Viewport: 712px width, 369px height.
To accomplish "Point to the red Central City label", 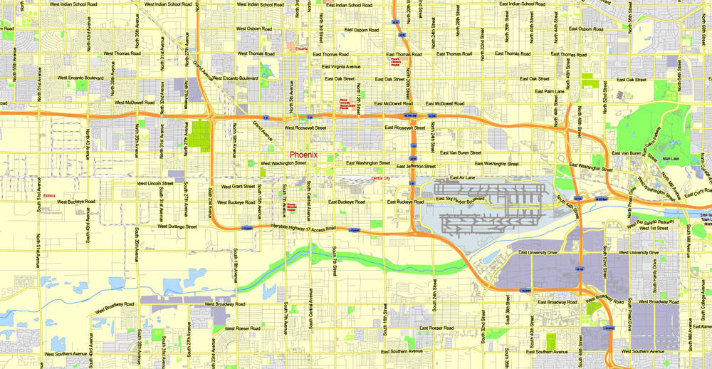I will click(381, 178).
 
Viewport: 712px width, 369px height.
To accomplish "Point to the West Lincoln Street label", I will click(155, 183).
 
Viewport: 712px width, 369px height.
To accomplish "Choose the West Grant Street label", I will click(238, 187).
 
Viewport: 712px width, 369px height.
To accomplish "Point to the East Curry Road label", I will click(699, 190).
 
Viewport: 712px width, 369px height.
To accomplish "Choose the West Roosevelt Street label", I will click(305, 128).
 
